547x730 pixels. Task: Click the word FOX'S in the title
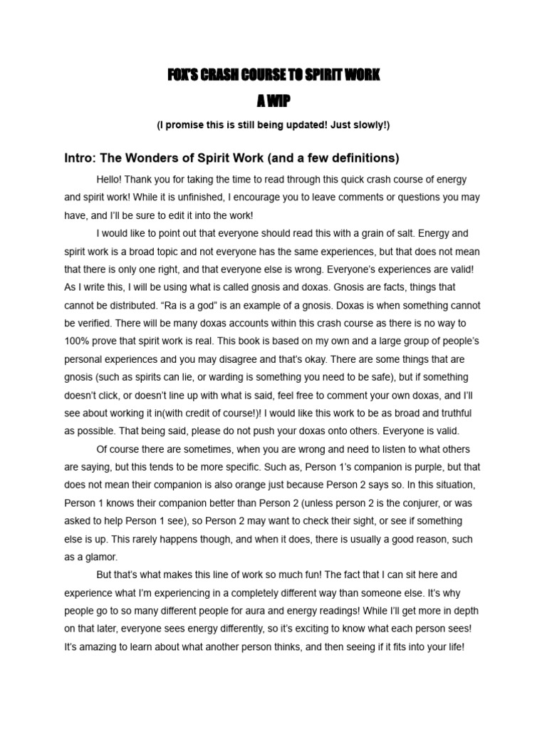tap(182, 76)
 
